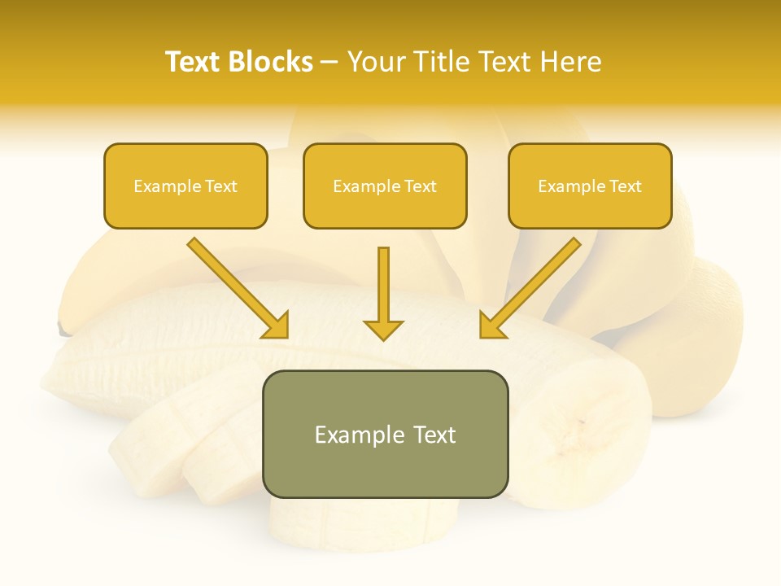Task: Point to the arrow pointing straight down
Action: click(x=383, y=293)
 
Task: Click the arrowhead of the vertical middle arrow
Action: click(x=383, y=330)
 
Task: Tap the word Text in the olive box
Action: click(x=434, y=435)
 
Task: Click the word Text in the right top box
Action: click(x=624, y=186)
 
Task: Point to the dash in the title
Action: click(x=329, y=62)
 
